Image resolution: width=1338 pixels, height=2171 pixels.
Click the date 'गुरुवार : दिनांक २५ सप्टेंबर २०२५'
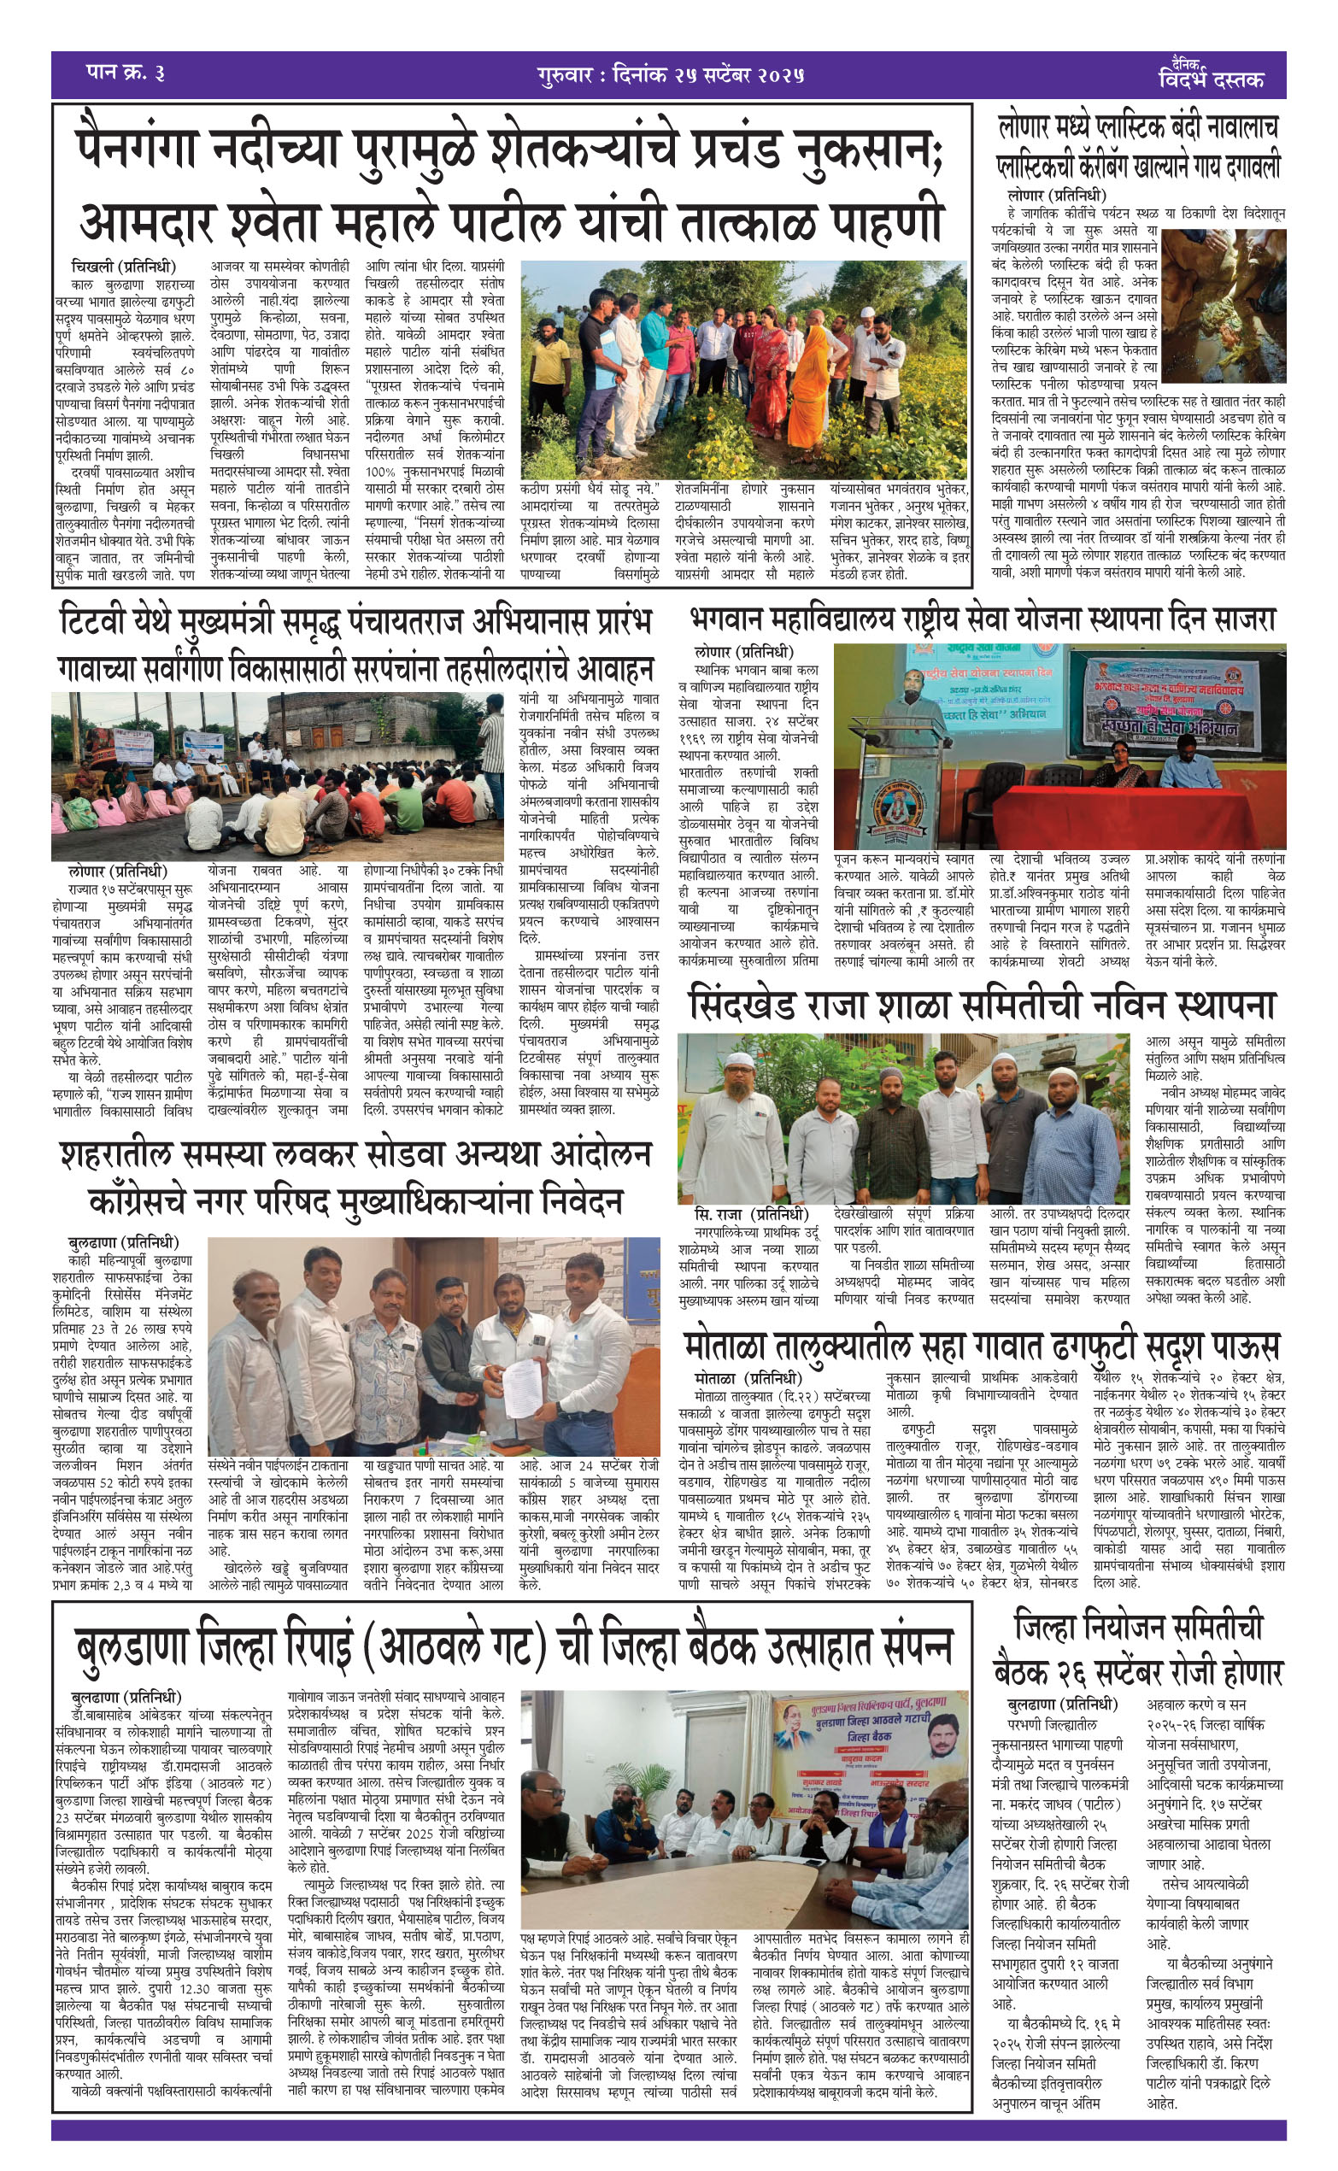(x=670, y=75)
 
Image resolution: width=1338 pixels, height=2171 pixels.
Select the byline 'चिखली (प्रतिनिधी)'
(x=124, y=267)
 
